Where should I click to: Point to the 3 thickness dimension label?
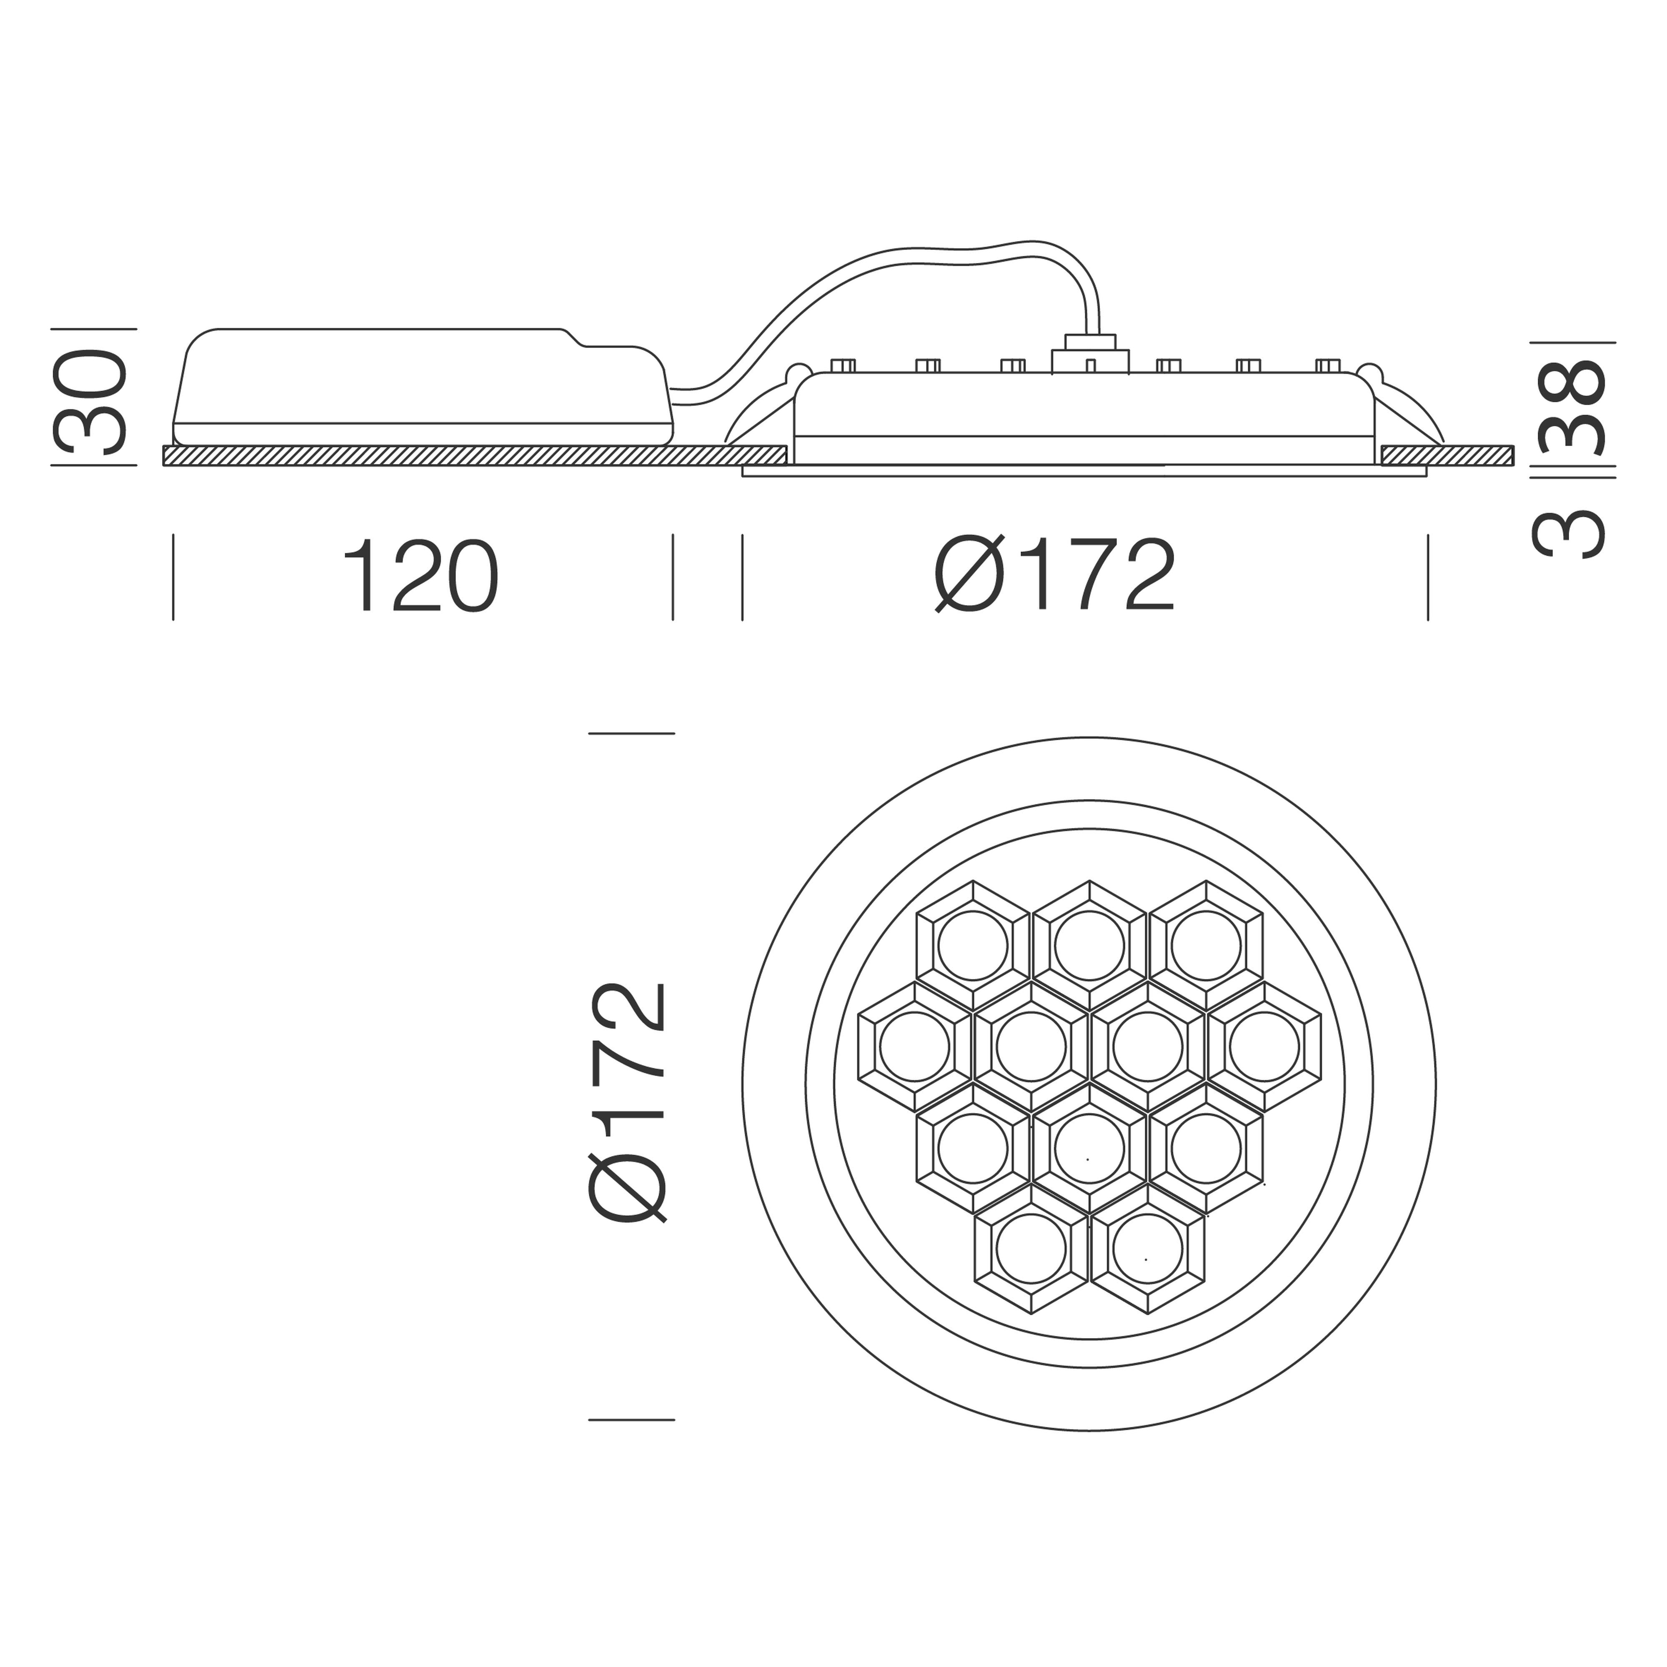point(1570,535)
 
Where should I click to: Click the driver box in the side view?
point(423,387)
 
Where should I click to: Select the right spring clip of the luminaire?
point(1407,405)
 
